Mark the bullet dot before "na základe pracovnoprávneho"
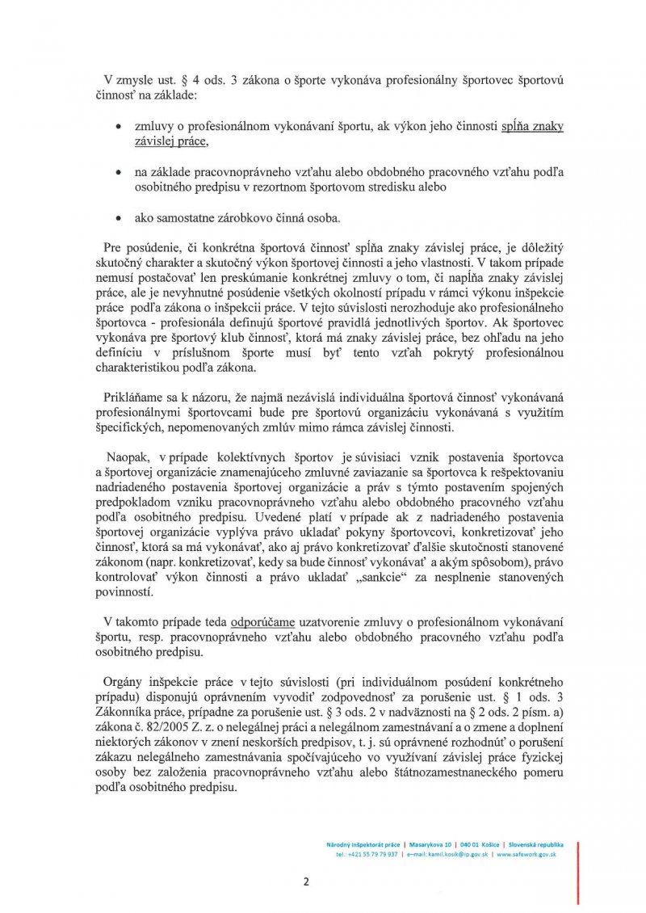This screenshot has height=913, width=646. click(120, 173)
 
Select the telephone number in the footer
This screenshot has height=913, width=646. click(368, 854)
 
